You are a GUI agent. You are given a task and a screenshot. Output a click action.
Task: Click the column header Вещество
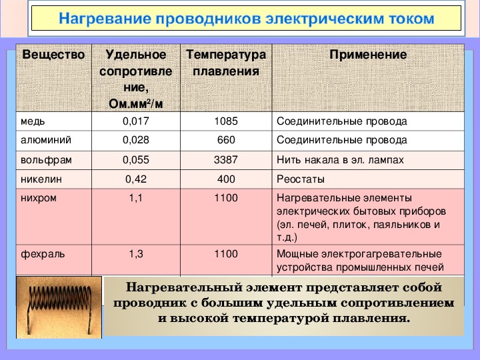(53, 55)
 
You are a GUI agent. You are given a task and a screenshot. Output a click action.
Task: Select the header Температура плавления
(226, 63)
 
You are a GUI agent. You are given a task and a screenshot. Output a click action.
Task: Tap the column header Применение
(368, 55)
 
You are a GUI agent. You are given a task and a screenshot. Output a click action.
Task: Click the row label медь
(33, 121)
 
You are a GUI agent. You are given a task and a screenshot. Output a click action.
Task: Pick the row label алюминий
(46, 140)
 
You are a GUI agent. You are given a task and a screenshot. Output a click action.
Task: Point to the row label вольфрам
(46, 160)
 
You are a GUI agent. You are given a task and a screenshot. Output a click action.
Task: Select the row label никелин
(41, 179)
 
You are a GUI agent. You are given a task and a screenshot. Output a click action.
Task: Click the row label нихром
(39, 198)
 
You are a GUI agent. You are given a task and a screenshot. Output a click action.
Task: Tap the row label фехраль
(43, 254)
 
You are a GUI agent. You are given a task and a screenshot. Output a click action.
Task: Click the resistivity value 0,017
(136, 121)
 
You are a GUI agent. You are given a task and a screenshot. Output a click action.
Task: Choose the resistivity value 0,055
(136, 160)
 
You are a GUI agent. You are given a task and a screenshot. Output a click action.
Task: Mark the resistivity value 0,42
(136, 179)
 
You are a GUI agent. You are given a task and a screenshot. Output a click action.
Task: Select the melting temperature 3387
(226, 160)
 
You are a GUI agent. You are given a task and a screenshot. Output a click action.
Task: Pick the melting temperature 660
(226, 140)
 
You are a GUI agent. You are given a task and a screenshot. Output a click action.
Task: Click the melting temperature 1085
(226, 121)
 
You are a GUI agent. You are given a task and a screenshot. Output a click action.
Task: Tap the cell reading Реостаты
(301, 179)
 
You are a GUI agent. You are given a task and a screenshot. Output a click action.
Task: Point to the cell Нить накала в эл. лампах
(340, 160)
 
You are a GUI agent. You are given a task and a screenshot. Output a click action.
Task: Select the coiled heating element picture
(59, 307)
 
